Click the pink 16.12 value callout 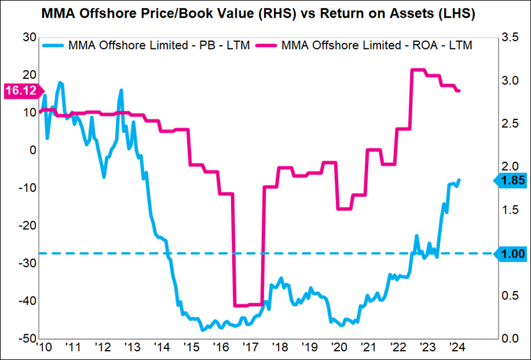(20, 90)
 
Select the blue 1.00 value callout (511, 254)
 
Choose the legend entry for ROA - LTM (376, 45)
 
